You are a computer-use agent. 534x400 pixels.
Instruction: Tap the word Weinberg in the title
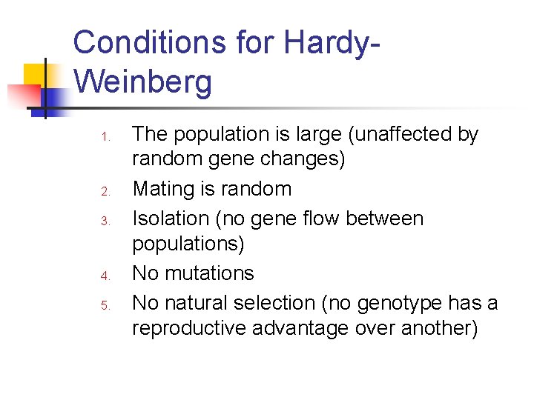143,82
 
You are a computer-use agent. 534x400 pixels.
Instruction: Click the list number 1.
106,137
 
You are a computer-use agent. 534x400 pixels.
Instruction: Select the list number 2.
106,192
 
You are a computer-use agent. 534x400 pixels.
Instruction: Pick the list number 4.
106,276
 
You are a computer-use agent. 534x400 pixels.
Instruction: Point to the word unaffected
411,135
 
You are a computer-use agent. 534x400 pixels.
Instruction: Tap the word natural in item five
197,304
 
